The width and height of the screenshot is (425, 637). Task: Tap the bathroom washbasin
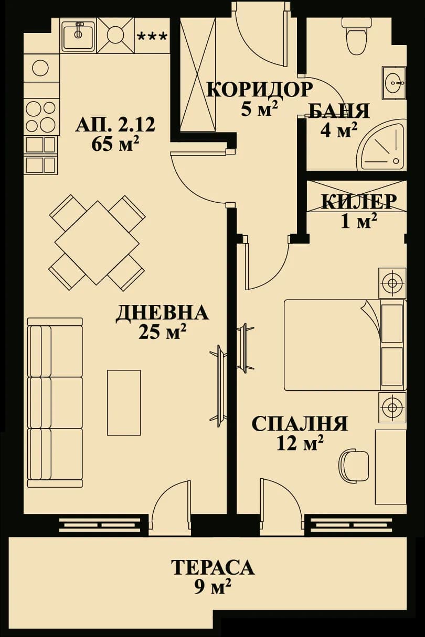(x=394, y=82)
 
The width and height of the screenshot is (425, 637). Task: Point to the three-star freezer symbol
(x=152, y=37)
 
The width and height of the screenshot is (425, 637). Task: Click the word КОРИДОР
(x=259, y=90)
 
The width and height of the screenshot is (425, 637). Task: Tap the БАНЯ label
(x=338, y=111)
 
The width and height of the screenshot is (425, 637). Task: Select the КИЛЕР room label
(x=358, y=202)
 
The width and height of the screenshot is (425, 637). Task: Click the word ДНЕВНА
(x=162, y=313)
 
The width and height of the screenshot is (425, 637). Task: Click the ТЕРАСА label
(x=212, y=567)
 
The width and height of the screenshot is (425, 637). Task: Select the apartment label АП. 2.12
(x=115, y=126)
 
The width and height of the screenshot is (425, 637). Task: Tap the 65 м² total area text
(x=115, y=144)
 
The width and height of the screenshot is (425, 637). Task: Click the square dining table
(x=97, y=243)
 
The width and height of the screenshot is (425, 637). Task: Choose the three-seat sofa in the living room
(x=55, y=402)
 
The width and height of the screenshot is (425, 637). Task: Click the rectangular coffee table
(x=124, y=402)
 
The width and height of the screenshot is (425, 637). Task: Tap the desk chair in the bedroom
(x=353, y=465)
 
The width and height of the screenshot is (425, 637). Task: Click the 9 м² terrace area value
(x=212, y=587)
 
